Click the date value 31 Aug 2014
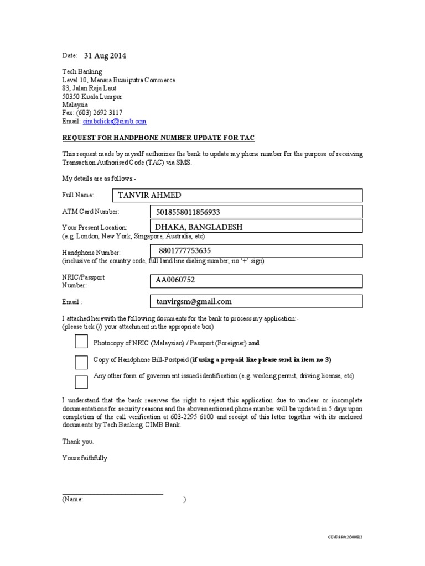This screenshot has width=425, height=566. coord(105,56)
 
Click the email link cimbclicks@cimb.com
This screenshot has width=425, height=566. coord(115,121)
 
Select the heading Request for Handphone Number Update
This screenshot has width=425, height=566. coord(158,138)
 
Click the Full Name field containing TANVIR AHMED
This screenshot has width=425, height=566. coord(237,195)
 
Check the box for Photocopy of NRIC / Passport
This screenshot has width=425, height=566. coord(81,342)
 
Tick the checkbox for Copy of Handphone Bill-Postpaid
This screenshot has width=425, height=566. coord(81,362)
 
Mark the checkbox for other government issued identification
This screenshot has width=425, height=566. coord(81,382)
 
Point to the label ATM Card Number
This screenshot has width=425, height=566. coord(90,211)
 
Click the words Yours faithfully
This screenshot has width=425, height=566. coord(85,458)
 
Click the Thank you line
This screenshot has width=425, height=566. coord(78,442)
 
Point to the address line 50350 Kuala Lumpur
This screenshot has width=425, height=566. coord(92,96)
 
